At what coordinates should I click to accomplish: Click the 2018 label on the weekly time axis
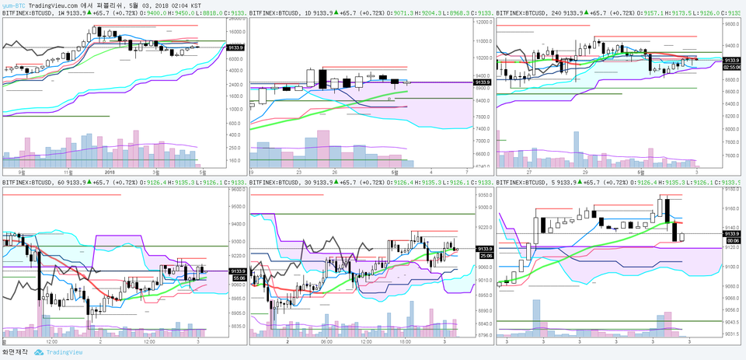(x=109, y=172)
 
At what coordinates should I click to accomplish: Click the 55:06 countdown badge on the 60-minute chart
(x=239, y=277)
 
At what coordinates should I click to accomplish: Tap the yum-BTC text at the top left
(x=12, y=5)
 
